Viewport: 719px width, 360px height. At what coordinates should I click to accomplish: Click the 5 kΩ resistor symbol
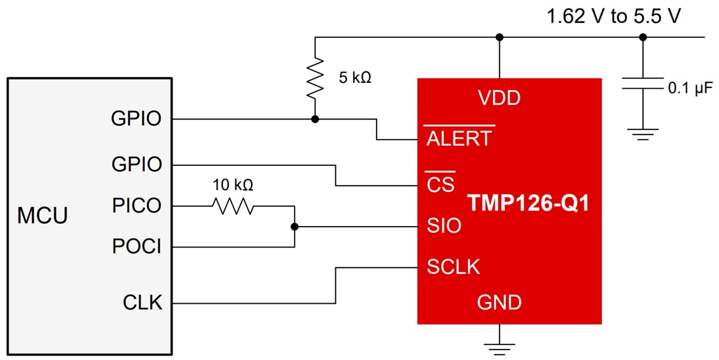point(315,77)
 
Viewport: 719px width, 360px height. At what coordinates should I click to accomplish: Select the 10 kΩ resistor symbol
point(233,206)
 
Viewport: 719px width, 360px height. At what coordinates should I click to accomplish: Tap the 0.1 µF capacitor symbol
point(643,84)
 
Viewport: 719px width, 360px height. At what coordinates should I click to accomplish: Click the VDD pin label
point(499,98)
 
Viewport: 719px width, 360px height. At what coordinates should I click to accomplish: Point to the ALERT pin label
point(459,138)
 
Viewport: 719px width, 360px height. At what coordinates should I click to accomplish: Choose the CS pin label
point(441,184)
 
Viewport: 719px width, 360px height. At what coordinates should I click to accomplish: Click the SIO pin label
point(444,226)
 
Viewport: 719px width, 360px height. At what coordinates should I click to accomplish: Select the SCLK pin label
point(453,267)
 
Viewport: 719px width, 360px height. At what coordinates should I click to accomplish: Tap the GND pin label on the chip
point(499,303)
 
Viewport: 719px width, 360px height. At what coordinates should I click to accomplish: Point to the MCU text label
point(42,216)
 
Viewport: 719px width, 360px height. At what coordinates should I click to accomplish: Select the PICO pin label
point(137,206)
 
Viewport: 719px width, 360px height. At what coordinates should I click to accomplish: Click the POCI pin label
point(137,247)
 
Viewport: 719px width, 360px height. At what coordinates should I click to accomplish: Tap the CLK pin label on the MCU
point(142,303)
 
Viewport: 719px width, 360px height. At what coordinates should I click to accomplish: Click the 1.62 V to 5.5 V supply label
point(614,16)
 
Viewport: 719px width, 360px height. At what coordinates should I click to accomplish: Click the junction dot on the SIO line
point(295,227)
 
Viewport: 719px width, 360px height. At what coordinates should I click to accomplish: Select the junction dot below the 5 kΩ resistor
point(315,119)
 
